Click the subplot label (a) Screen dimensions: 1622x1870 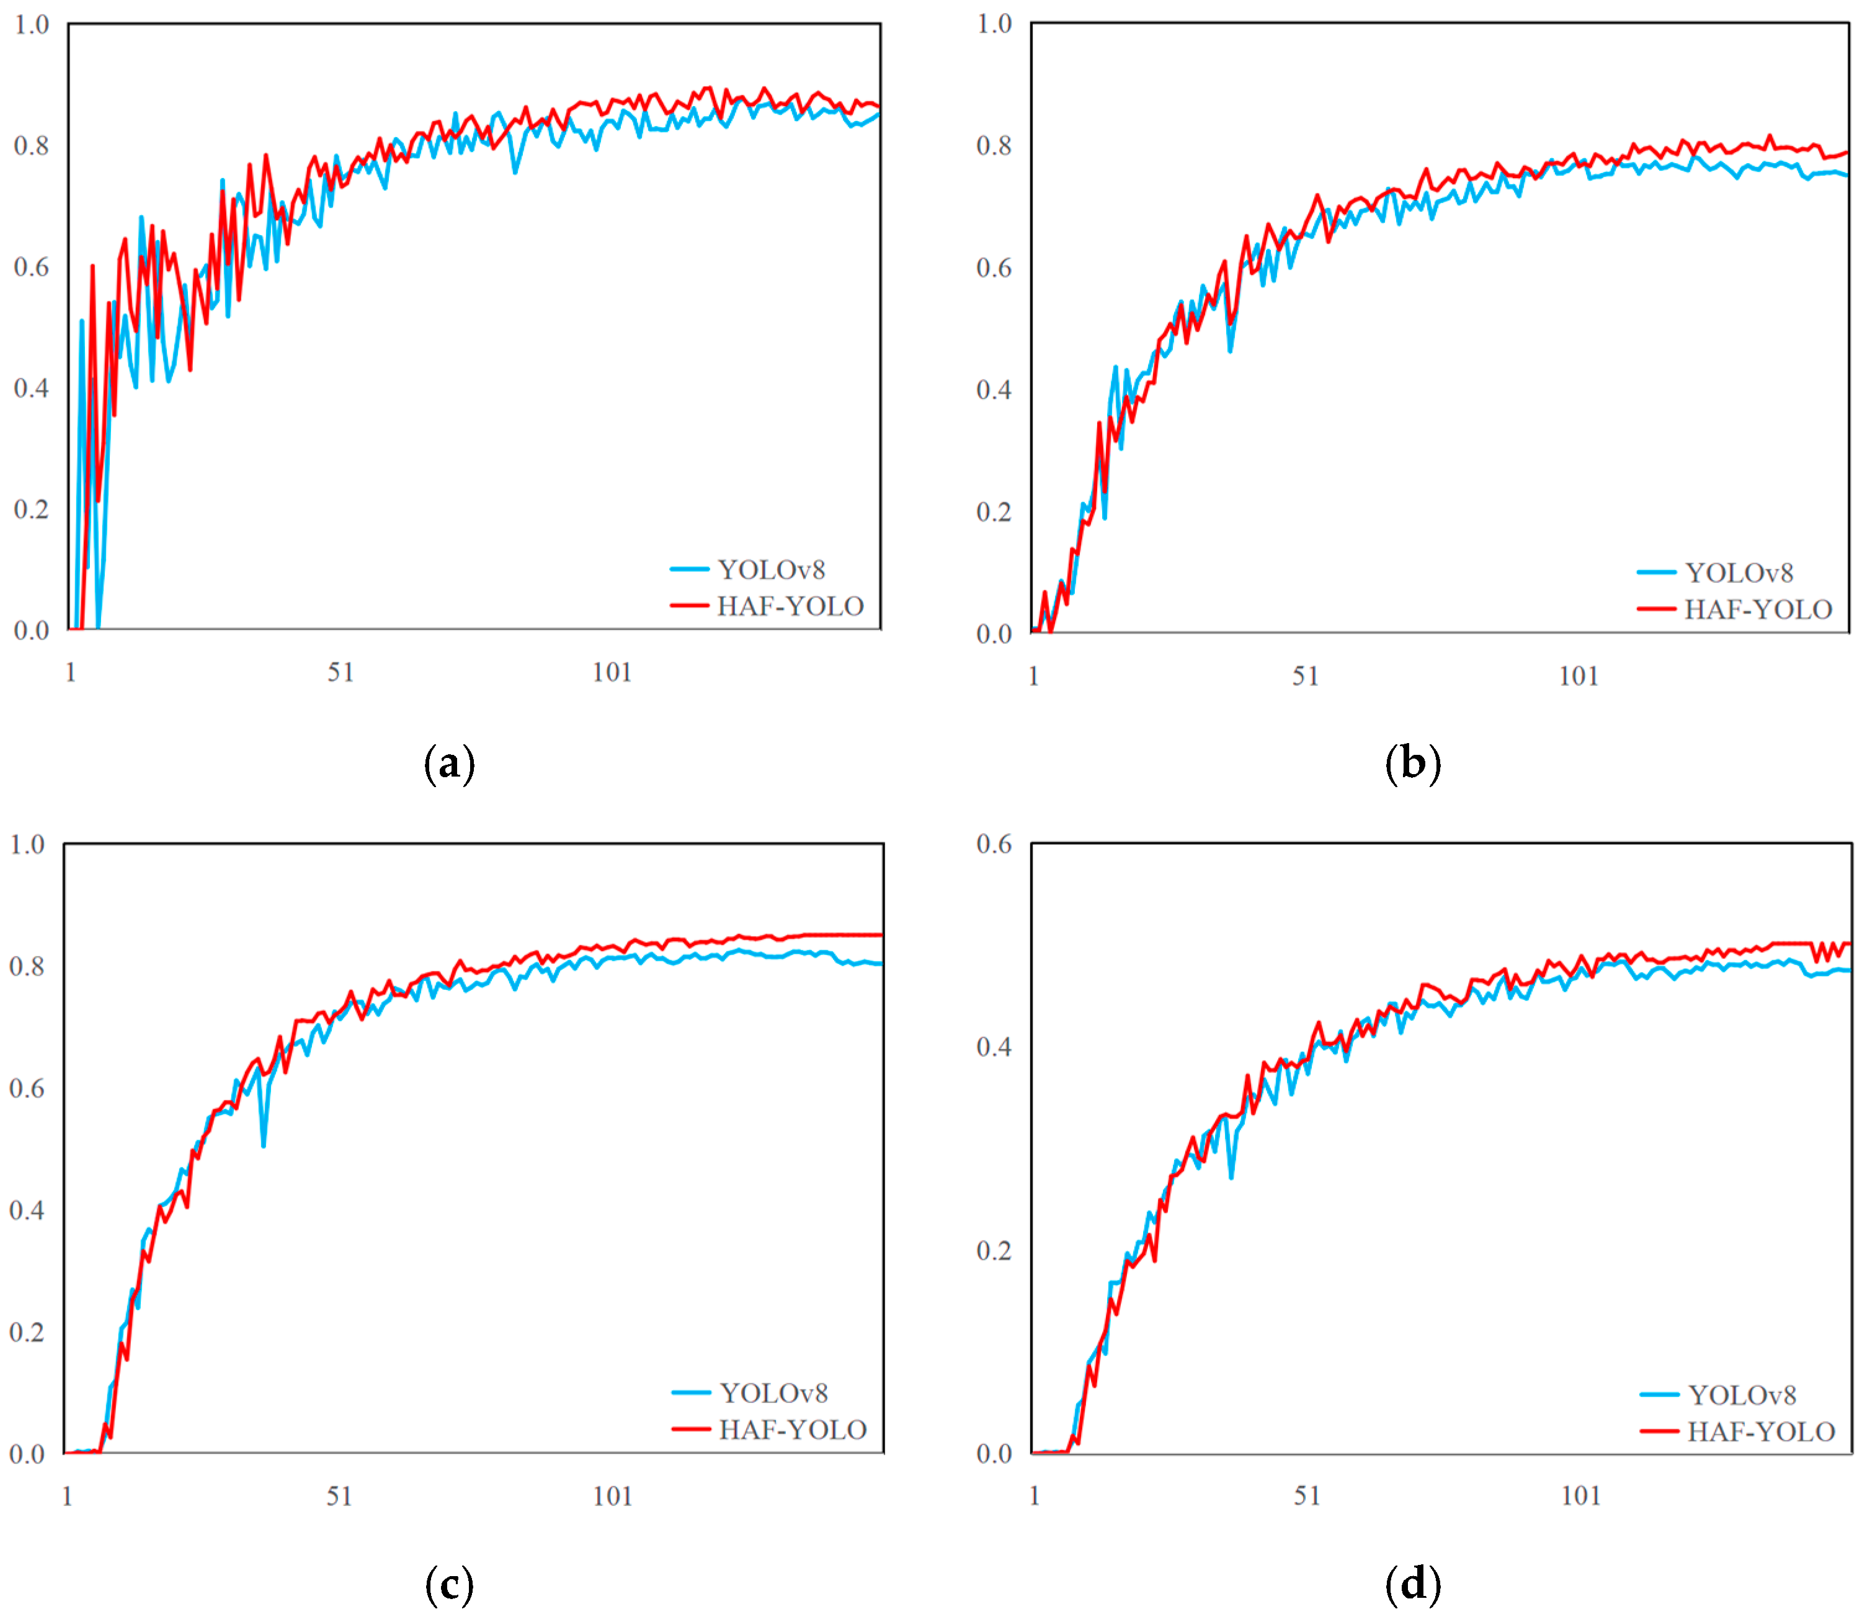(449, 764)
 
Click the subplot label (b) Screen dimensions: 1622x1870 (1412, 764)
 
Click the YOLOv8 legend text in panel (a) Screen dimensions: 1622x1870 (771, 569)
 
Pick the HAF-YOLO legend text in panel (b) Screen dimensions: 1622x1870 (1758, 609)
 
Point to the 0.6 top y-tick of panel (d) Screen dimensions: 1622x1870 (994, 844)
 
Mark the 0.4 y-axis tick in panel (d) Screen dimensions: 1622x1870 (994, 1047)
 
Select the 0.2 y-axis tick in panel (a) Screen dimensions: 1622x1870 (32, 510)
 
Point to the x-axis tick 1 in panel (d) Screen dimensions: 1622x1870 (1035, 1496)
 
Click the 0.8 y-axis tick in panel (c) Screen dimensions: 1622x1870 (27, 966)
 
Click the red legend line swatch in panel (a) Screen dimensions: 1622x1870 (689, 605)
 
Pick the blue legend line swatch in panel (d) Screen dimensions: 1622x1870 (1659, 1395)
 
